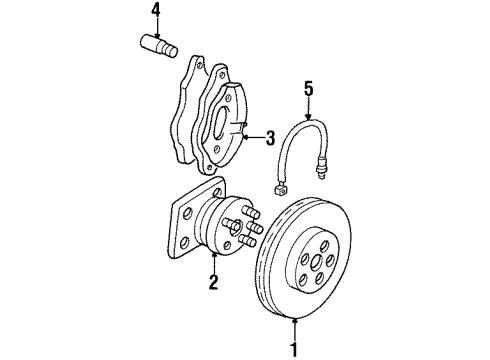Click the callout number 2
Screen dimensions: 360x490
[x=212, y=283]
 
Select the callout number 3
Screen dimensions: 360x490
[x=269, y=139]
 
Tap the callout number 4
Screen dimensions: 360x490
[x=155, y=12]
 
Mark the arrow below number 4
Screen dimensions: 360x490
[x=155, y=29]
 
